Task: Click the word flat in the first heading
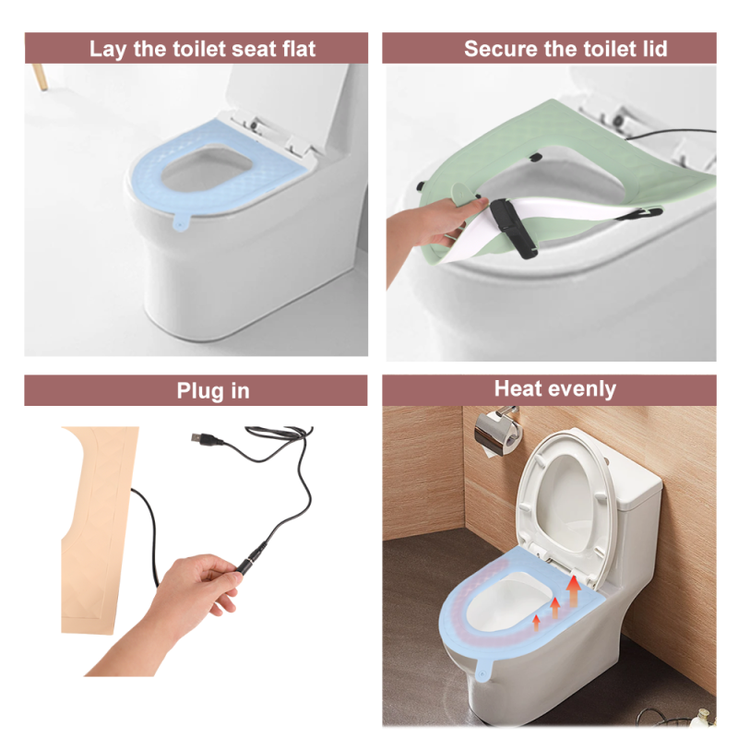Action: [x=290, y=49]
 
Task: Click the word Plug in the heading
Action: [x=197, y=391]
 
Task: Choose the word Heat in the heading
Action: [x=517, y=389]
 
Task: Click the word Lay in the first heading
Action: [x=107, y=49]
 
